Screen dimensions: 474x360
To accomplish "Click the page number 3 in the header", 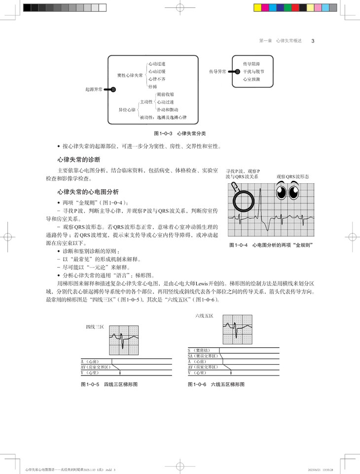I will coord(313,41).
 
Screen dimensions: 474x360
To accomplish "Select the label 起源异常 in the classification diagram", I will coord(94,90).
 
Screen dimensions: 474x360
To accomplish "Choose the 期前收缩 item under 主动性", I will coord(165,94).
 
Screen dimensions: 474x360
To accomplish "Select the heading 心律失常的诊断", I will coord(79,160).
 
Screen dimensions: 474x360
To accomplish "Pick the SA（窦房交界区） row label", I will coord(203,356).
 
